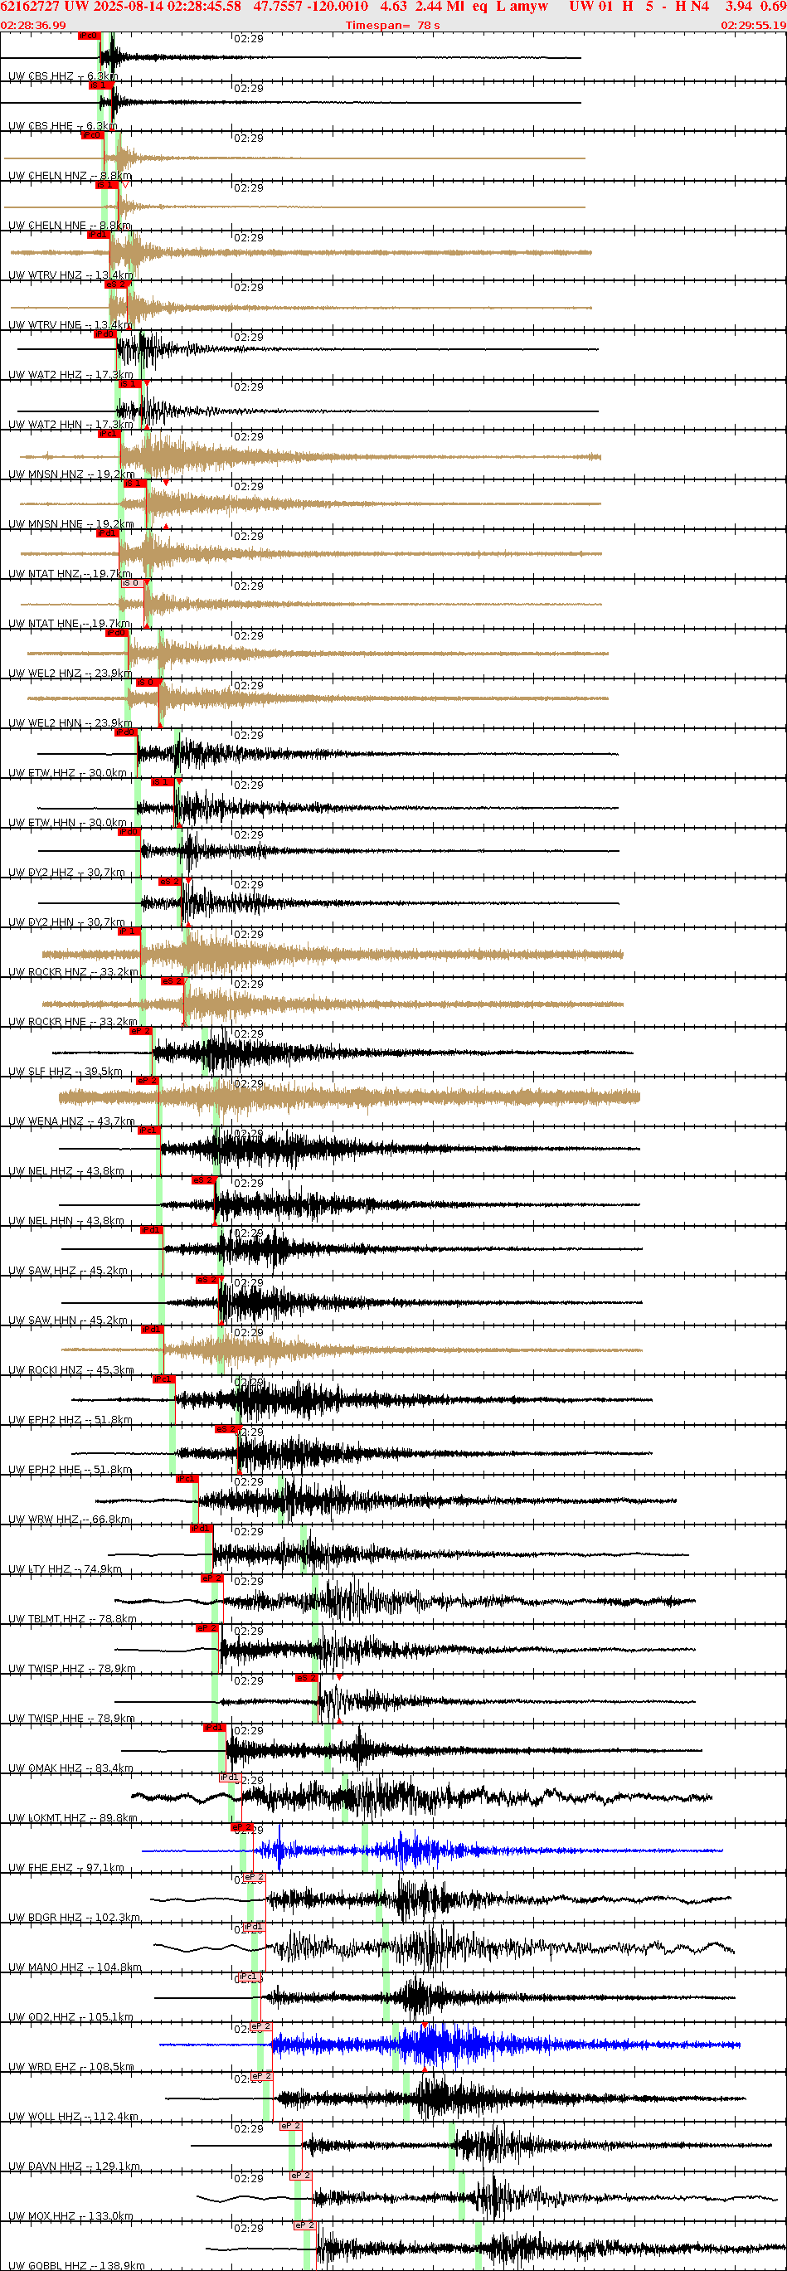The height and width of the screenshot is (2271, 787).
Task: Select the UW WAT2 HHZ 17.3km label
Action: point(70,375)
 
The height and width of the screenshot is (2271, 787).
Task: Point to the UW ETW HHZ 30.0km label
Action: point(67,773)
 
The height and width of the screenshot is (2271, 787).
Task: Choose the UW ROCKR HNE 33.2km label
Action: point(73,1022)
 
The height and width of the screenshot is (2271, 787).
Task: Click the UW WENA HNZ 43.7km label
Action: point(71,1121)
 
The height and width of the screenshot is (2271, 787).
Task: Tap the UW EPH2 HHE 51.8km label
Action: point(70,1470)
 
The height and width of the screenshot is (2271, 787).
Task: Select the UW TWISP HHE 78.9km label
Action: point(71,1719)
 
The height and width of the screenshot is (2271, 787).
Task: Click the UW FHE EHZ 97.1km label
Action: point(66,1867)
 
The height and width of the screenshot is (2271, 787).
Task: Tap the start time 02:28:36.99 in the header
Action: point(33,25)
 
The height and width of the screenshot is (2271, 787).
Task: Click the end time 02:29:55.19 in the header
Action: point(753,25)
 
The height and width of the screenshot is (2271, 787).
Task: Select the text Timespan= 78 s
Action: point(392,25)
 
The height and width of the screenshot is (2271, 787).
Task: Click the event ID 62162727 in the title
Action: point(30,7)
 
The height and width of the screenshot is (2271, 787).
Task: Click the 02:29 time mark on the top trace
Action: point(249,39)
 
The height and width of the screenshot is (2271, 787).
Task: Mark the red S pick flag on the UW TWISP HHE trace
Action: point(306,1678)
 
